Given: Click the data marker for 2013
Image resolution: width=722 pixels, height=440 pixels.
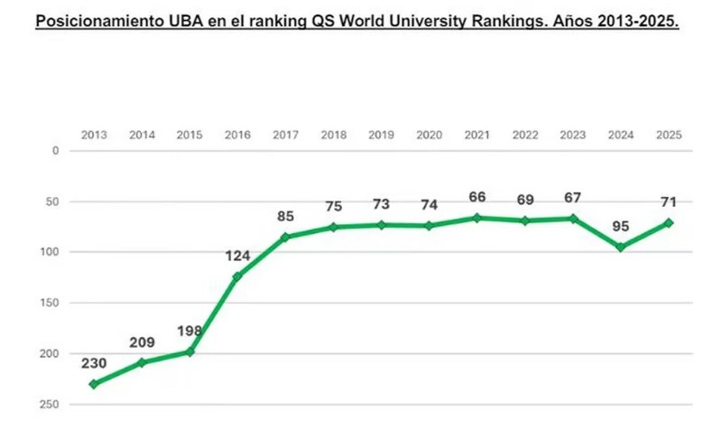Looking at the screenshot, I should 94,384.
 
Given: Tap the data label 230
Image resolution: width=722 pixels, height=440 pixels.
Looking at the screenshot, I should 94,363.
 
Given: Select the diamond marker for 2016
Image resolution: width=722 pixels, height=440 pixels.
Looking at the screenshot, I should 237,276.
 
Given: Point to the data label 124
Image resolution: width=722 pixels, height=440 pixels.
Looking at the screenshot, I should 237,256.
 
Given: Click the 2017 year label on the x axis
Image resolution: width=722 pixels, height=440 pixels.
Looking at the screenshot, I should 285,135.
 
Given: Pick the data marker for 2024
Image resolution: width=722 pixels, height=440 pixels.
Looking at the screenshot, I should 620,247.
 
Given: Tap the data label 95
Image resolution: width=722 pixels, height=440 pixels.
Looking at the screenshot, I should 620,227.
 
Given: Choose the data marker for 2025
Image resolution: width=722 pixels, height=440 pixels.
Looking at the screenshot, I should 668,222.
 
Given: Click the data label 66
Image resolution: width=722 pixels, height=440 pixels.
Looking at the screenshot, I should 477,197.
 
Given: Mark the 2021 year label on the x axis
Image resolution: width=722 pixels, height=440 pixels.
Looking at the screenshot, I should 477,135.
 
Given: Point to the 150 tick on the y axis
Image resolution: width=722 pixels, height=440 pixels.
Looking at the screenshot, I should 50,303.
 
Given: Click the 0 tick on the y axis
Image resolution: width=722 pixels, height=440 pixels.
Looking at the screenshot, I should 55,151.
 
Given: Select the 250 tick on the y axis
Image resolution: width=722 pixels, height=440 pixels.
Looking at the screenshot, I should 50,404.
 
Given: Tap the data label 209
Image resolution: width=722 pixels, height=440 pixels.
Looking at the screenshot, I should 142,342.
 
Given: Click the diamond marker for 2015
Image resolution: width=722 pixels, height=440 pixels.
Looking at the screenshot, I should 190,351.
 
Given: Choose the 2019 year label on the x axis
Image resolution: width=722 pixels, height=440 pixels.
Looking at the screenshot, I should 381,135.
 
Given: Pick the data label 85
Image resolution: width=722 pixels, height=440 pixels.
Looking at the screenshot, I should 285,216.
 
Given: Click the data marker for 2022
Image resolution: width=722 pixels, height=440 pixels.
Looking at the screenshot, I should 524,220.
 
